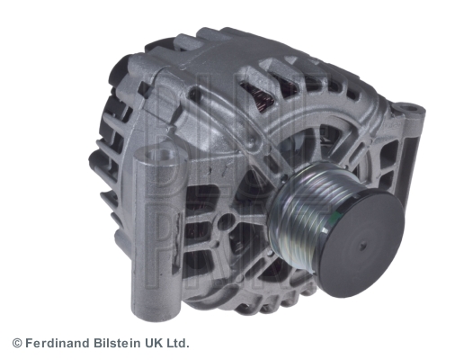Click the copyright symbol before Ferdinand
tap(16, 343)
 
